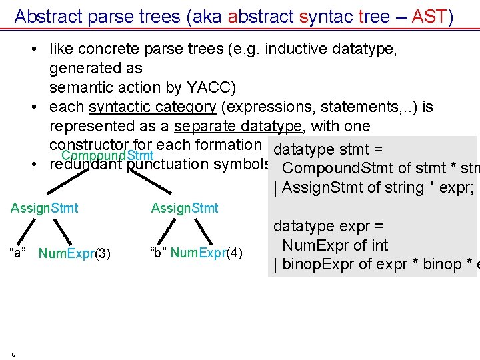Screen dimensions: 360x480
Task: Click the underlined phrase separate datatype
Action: pyautogui.click(x=239, y=126)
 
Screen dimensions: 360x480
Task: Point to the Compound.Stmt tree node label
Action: pyautogui.click(x=107, y=156)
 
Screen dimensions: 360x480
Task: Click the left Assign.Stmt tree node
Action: pyautogui.click(x=44, y=208)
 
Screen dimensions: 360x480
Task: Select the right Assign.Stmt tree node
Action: pyautogui.click(x=185, y=208)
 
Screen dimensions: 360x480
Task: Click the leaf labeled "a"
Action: pyautogui.click(x=18, y=253)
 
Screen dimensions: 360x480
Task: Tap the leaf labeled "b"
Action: pyautogui.click(x=158, y=253)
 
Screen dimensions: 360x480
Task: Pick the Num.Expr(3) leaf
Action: pyautogui.click(x=75, y=253)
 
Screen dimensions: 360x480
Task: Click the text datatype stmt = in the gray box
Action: pyautogui.click(x=331, y=148)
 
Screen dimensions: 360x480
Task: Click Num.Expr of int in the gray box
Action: pyautogui.click(x=335, y=245)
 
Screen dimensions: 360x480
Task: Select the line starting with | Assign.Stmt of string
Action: pyautogui.click(x=373, y=187)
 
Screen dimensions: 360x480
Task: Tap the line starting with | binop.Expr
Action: pyautogui.click(x=373, y=264)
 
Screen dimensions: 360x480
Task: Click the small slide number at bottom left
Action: pyautogui.click(x=13, y=353)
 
